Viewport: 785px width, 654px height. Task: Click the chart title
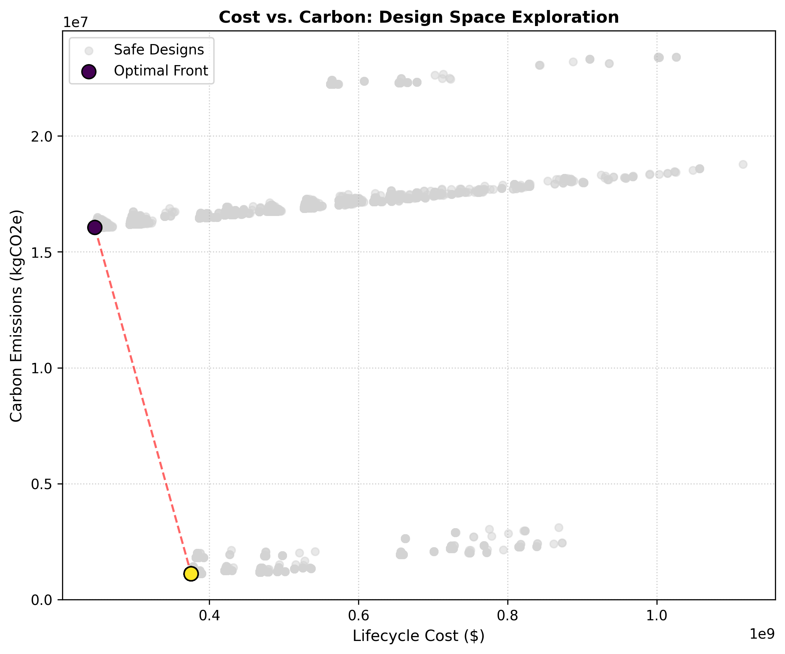coord(419,17)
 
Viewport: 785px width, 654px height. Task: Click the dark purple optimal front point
coord(95,227)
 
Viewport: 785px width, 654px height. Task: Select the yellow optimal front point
coord(191,574)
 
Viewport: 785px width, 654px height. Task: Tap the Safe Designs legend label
coord(159,50)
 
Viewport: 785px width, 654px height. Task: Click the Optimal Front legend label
coord(161,71)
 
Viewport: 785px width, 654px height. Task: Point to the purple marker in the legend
coord(88,71)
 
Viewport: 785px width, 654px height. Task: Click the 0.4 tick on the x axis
coord(209,615)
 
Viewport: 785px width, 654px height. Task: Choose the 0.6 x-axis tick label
coord(358,615)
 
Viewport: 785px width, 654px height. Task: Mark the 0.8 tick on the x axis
coord(508,615)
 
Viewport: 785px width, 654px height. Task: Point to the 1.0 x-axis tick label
coord(657,615)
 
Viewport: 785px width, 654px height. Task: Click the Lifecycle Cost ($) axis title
coord(419,636)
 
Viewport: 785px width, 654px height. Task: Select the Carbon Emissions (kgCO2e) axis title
coord(16,316)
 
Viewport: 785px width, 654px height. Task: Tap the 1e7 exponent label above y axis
coord(75,22)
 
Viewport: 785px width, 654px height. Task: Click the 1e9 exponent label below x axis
coord(762,634)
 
